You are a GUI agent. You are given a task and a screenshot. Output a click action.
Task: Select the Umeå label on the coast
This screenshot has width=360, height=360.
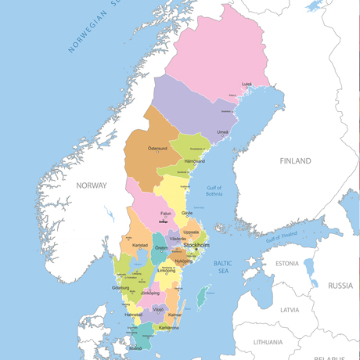coord(223,132)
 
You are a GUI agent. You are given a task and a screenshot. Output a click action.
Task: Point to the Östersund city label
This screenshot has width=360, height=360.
coord(158,148)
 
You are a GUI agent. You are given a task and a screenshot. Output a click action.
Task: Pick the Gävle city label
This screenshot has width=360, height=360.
coord(187,213)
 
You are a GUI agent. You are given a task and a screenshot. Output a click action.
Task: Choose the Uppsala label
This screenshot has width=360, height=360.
coord(191,232)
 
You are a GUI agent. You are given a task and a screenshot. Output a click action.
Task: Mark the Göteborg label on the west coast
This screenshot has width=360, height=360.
coord(121,288)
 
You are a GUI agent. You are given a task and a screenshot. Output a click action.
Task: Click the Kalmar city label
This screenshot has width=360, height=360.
coord(175,314)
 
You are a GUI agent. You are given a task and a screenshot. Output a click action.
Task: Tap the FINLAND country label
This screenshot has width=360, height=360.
coord(295,160)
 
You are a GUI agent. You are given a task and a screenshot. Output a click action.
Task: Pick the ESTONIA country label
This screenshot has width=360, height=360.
coord(292,263)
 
